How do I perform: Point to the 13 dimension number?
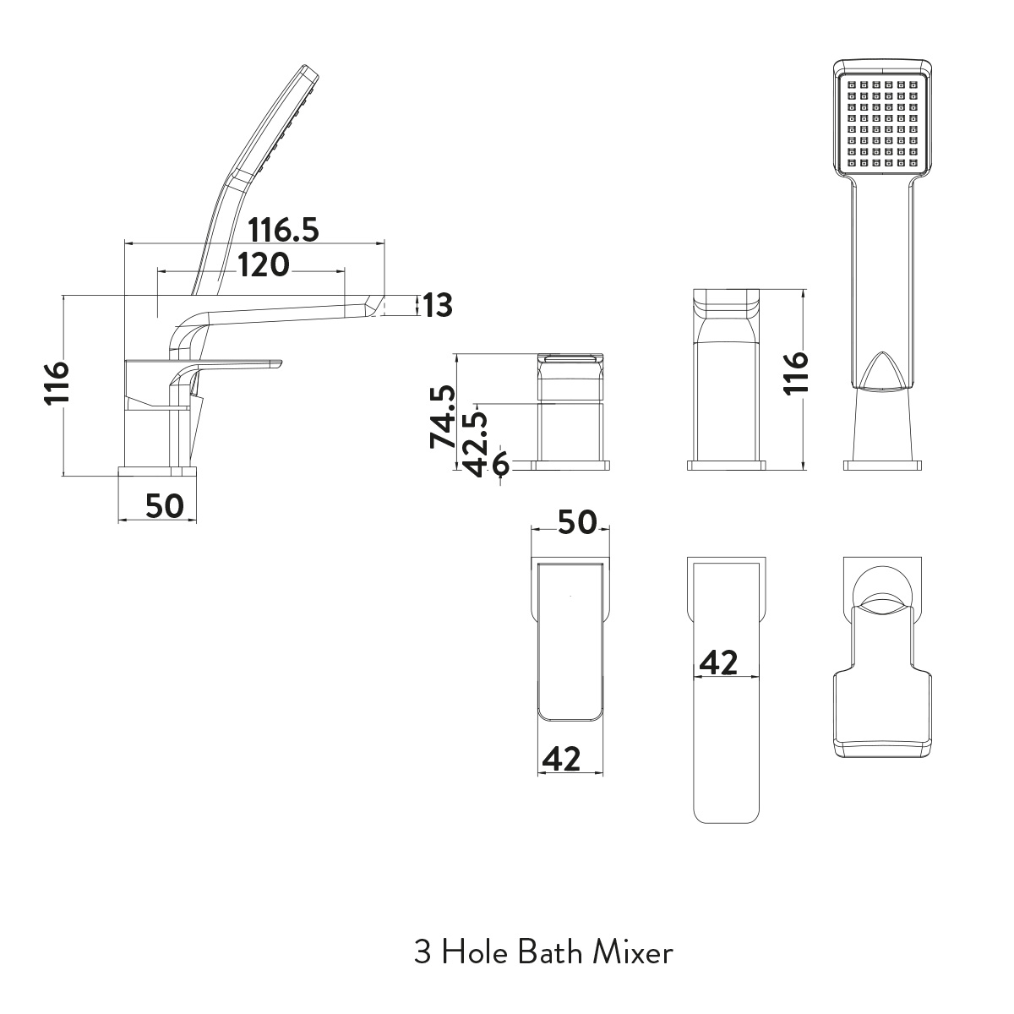click(438, 305)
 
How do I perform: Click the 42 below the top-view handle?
click(561, 759)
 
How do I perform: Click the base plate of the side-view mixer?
click(157, 470)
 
